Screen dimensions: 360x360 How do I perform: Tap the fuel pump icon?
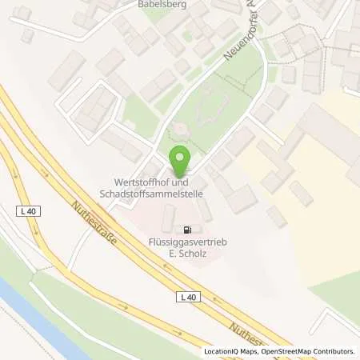coord(186,227)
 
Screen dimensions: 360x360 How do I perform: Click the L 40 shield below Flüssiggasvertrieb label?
coord(186,297)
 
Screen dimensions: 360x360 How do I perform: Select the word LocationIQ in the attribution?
coord(222,351)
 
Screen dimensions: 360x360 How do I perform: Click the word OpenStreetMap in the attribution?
coord(286,351)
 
